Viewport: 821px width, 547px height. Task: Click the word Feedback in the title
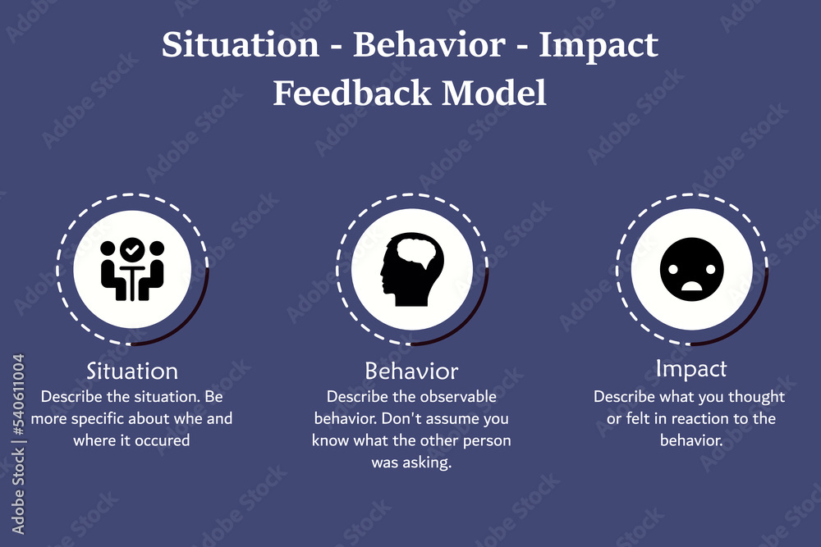coord(352,93)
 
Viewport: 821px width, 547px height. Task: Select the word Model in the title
coord(493,93)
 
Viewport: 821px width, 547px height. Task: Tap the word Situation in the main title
coord(241,44)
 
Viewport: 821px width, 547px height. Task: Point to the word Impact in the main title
coord(599,46)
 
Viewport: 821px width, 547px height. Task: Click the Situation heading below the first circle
coord(132,371)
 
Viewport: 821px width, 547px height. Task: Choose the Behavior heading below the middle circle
coord(411,371)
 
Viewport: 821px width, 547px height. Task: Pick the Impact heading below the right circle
coord(691,369)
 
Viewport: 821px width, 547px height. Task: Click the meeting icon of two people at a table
coord(132,269)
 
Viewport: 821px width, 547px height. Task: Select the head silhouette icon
coord(412,269)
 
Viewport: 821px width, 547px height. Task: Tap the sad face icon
coord(691,269)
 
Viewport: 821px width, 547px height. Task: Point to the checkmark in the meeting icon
coord(132,250)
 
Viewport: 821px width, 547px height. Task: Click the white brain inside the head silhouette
coord(417,253)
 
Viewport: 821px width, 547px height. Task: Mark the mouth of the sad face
coord(691,286)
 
